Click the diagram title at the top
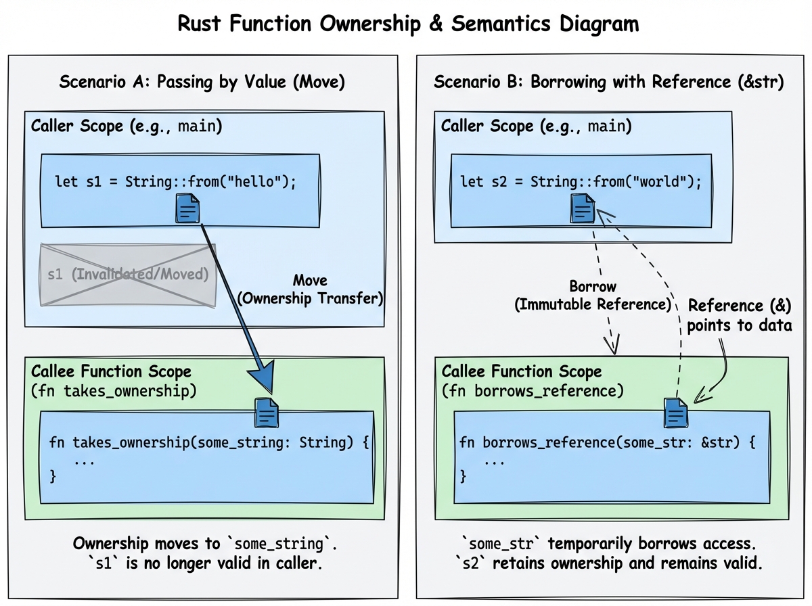407,24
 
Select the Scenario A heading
202,83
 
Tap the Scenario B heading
608,83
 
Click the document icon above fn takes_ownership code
266,412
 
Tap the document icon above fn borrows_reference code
676,412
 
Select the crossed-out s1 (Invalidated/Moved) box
128,275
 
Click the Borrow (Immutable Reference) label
592,296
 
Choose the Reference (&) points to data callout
739,314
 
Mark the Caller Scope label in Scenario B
537,126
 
